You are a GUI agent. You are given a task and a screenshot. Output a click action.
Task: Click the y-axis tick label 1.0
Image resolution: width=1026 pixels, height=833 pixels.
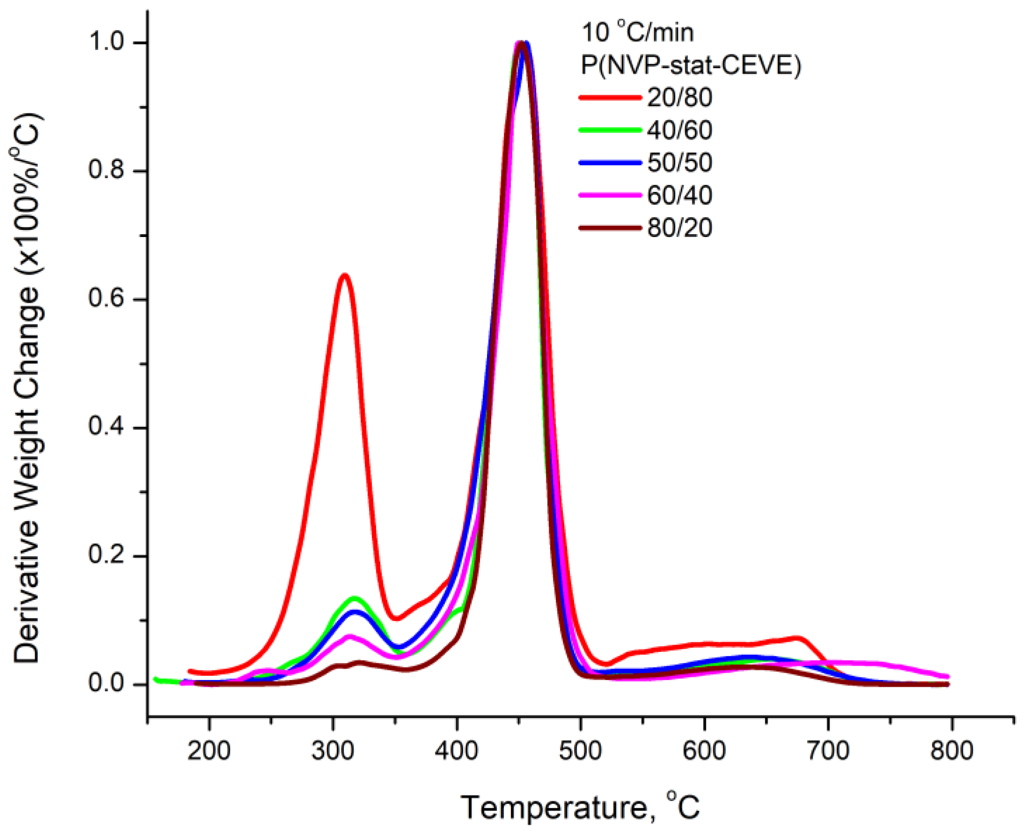click(110, 43)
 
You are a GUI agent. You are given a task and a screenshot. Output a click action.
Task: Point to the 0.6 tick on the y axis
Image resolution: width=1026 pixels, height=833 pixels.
click(110, 299)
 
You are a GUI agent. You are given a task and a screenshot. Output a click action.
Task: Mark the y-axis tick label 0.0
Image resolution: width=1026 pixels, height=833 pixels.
click(110, 684)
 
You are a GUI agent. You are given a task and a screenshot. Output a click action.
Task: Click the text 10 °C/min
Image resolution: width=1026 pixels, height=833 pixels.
click(637, 33)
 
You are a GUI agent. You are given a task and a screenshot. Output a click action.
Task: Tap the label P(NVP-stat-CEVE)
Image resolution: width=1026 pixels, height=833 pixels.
click(691, 65)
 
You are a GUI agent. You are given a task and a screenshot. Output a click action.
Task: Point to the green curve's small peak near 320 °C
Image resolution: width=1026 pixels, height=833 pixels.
click(355, 598)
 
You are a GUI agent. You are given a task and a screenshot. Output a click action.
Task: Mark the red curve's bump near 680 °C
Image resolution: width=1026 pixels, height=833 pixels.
click(798, 638)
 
